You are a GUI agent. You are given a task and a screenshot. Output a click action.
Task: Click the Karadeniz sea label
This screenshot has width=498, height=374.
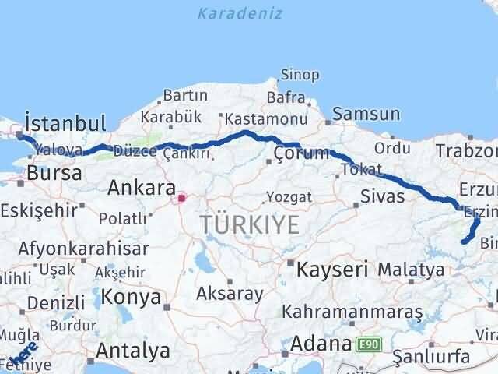pyautogui.click(x=240, y=13)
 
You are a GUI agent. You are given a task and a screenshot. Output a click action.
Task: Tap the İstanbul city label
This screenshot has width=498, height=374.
pyautogui.click(x=65, y=123)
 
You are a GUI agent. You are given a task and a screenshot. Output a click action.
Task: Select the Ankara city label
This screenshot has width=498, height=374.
pyautogui.click(x=141, y=188)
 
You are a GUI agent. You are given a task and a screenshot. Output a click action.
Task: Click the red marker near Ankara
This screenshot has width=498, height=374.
pyautogui.click(x=182, y=198)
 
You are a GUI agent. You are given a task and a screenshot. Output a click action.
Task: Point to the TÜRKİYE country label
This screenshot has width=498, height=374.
pyautogui.click(x=249, y=225)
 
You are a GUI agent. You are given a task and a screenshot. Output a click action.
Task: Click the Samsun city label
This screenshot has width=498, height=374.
pyautogui.click(x=366, y=115)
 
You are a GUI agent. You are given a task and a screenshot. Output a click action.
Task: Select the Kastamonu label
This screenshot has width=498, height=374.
pyautogui.click(x=261, y=118)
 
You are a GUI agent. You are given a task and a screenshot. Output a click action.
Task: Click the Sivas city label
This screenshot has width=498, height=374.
pyautogui.click(x=383, y=196)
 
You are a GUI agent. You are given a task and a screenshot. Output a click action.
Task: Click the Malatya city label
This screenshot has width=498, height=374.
pyautogui.click(x=411, y=270)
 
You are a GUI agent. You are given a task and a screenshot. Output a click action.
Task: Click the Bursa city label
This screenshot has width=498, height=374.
pyautogui.click(x=54, y=173)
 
